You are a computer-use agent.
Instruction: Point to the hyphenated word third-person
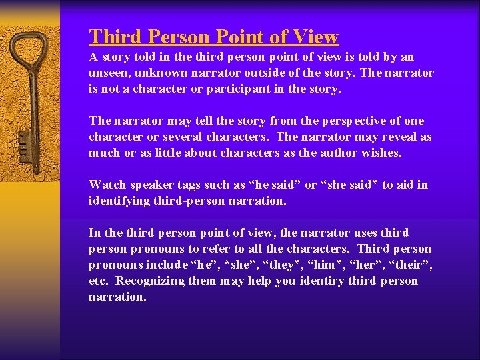(195, 201)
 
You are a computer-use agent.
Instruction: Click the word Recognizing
(150, 281)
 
